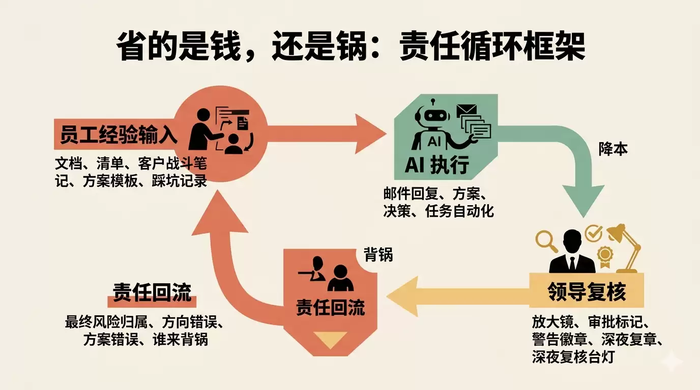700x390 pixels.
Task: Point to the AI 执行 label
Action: click(436, 165)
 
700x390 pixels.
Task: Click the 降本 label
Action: click(612, 149)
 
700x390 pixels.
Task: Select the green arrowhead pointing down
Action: click(582, 203)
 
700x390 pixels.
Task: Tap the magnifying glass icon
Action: click(546, 241)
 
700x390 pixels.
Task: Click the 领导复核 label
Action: click(587, 292)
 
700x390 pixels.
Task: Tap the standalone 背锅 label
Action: click(378, 254)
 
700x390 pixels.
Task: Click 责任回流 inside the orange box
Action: click(330, 308)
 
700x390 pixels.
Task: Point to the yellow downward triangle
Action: click(330, 339)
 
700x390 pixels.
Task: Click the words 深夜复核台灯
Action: click(573, 357)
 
